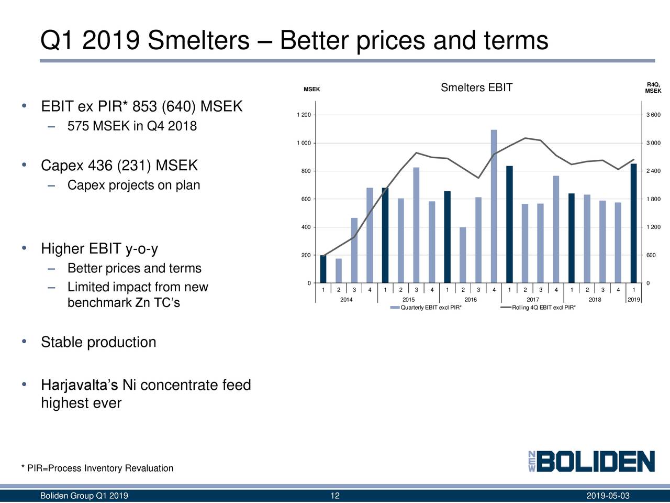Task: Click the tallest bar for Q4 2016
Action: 494,206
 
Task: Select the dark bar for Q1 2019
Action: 633,224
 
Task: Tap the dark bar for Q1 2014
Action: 323,269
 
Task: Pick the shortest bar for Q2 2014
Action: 339,271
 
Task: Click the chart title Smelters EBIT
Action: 476,88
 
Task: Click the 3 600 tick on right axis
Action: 653,115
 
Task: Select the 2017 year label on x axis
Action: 532,300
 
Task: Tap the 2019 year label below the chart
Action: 633,300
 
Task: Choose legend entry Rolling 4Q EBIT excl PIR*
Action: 543,308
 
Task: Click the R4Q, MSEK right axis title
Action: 653,88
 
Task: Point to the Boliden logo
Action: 591,462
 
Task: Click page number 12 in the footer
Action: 335,496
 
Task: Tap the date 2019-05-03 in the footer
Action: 608,496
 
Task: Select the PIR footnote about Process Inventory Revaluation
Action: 97,468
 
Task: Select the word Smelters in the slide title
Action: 198,40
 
